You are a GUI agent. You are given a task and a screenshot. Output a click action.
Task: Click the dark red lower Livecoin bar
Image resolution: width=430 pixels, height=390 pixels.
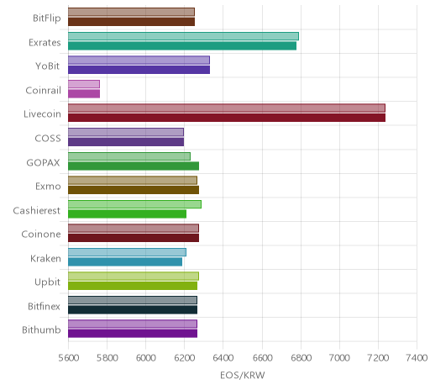[x=227, y=118]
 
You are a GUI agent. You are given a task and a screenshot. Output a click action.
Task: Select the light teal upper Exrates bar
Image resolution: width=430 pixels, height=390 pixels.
[x=183, y=36]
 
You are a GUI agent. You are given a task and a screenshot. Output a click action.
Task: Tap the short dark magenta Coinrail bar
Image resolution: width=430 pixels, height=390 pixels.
[x=84, y=94]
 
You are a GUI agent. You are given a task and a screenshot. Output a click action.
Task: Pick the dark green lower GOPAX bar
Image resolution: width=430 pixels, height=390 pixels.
[x=134, y=166]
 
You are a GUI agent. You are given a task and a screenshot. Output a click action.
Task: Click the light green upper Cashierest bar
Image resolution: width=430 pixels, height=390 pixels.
[x=134, y=204]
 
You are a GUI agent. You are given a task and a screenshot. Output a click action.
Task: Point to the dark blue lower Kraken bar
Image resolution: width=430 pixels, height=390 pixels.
[x=125, y=261]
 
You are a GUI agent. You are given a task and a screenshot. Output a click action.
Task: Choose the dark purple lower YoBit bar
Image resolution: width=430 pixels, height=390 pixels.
[x=139, y=70]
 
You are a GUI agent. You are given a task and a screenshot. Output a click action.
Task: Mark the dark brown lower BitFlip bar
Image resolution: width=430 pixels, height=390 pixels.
[x=131, y=22]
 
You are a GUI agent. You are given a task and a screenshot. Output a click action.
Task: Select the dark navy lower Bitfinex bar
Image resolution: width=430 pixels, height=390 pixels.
[x=133, y=309]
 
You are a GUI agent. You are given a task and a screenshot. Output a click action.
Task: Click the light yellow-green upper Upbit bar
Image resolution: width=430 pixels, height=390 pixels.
[x=134, y=277]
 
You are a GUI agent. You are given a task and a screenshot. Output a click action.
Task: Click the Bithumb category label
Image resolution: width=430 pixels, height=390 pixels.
[x=41, y=329]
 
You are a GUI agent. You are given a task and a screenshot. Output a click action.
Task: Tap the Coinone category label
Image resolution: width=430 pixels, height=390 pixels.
[x=41, y=234]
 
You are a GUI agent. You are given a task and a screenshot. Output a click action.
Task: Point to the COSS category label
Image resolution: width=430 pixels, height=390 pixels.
[x=48, y=138]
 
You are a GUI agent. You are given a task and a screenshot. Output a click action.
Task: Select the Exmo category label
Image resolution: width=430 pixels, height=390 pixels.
[x=48, y=186]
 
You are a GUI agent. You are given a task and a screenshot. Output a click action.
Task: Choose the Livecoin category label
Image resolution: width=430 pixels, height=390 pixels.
[x=42, y=114]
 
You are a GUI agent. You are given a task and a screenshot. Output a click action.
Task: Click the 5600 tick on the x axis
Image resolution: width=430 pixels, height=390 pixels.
[x=69, y=358]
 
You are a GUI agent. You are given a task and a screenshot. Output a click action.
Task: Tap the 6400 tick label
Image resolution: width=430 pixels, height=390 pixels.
[x=223, y=358]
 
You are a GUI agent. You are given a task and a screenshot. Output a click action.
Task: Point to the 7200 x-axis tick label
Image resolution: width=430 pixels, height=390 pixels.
[x=378, y=358]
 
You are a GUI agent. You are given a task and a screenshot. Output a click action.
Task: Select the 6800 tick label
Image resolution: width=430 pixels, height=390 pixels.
[x=301, y=358]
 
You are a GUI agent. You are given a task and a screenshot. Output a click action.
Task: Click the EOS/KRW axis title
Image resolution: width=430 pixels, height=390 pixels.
[x=243, y=375]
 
